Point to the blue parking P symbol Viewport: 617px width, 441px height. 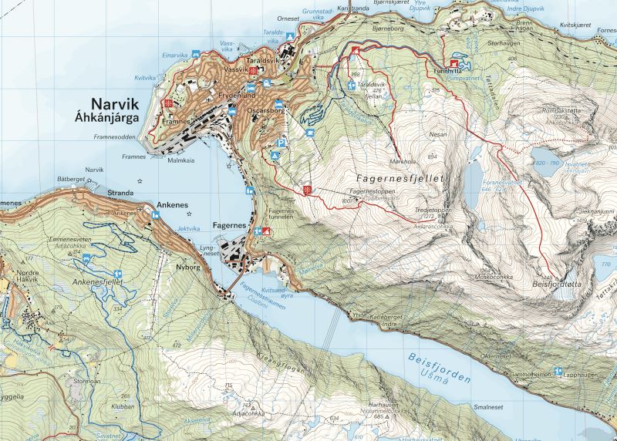282,143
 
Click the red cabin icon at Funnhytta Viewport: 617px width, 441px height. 454,65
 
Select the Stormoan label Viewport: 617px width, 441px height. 87,380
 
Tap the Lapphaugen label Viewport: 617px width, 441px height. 583,372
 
